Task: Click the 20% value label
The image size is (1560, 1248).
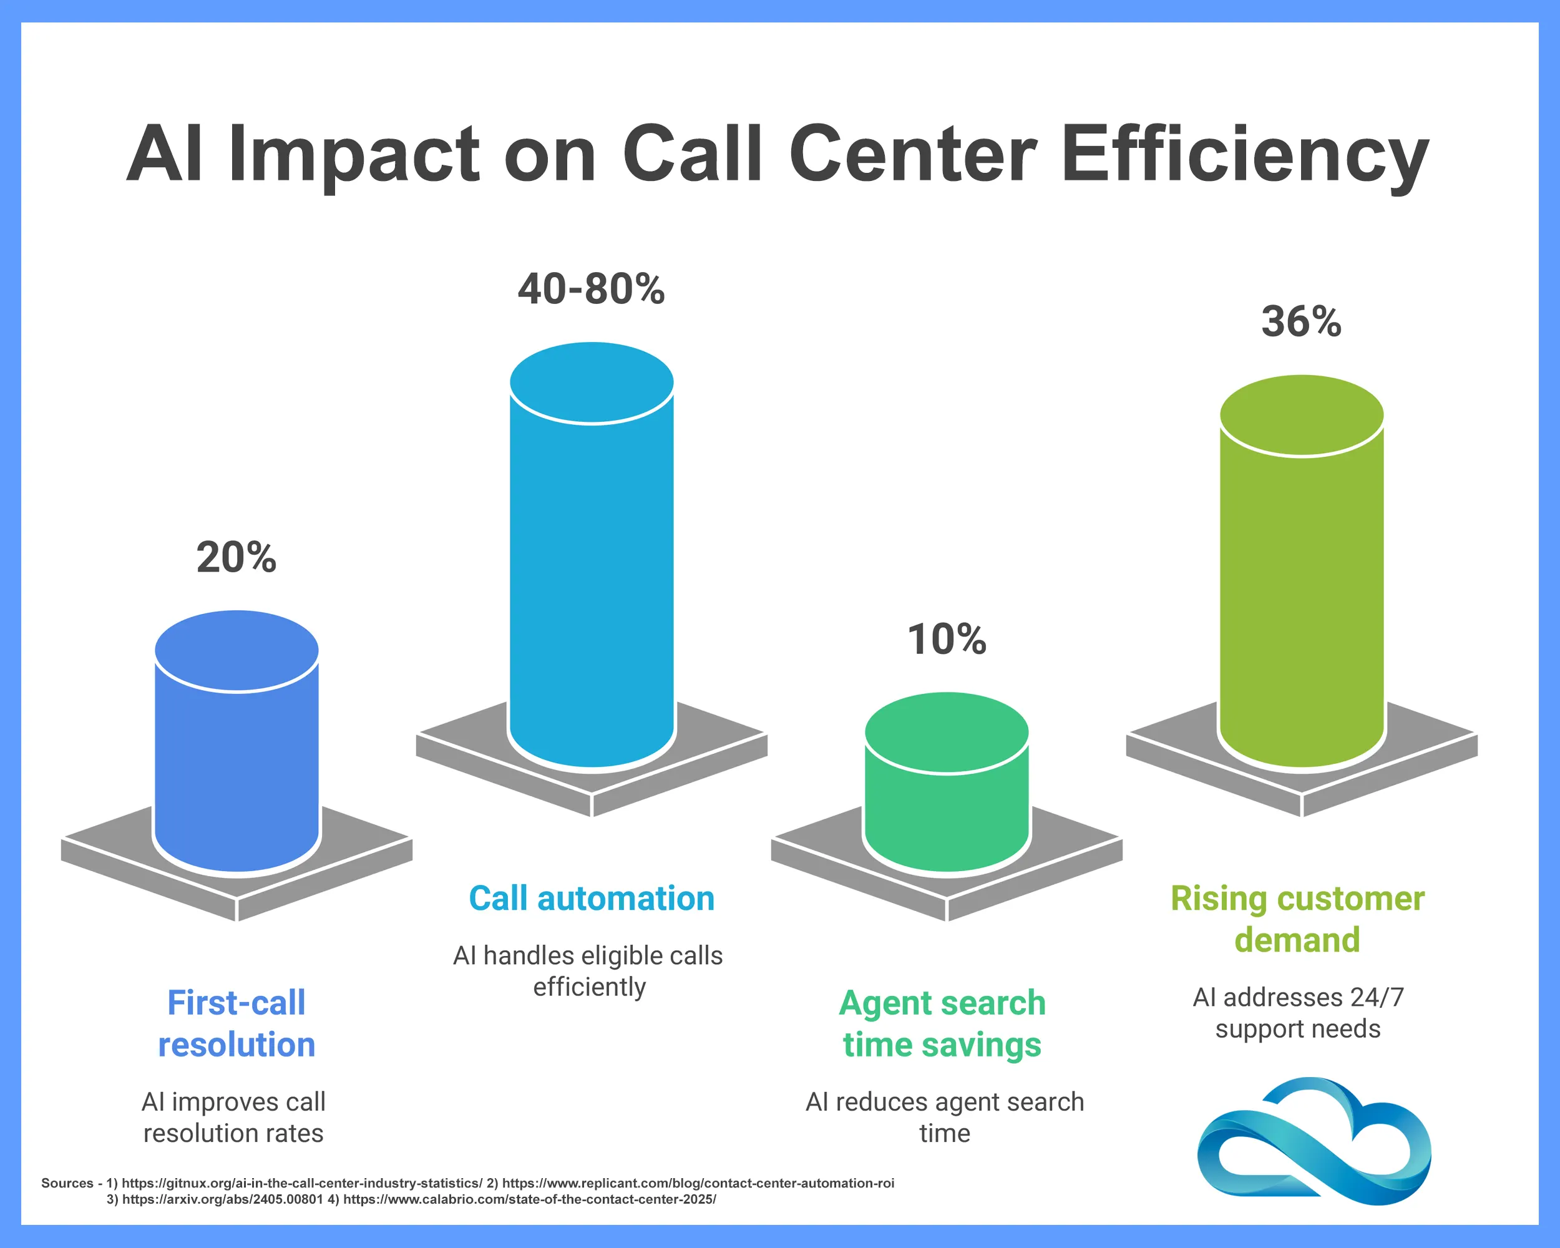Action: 236,557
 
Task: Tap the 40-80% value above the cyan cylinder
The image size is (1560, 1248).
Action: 591,289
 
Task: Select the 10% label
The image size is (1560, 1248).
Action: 947,639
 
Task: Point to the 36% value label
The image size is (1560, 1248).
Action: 1301,321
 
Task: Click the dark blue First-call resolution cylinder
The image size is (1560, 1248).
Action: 236,753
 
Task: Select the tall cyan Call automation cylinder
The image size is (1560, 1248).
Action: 591,564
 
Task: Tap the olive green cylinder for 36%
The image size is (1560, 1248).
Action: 1301,579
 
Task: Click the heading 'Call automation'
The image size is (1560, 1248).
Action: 591,899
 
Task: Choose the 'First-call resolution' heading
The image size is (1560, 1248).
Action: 236,1023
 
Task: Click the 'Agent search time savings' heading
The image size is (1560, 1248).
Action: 942,1023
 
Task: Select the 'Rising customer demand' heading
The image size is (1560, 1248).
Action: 1297,919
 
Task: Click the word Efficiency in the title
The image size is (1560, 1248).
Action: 1244,154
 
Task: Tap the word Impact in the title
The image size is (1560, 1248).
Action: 354,154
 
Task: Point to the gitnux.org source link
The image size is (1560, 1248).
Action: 301,1183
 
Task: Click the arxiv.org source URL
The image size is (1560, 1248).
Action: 222,1199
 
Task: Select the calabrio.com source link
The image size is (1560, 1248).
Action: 529,1199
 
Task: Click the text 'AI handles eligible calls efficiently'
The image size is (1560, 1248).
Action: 588,971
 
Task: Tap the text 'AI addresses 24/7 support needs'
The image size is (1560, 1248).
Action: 1298,1013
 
